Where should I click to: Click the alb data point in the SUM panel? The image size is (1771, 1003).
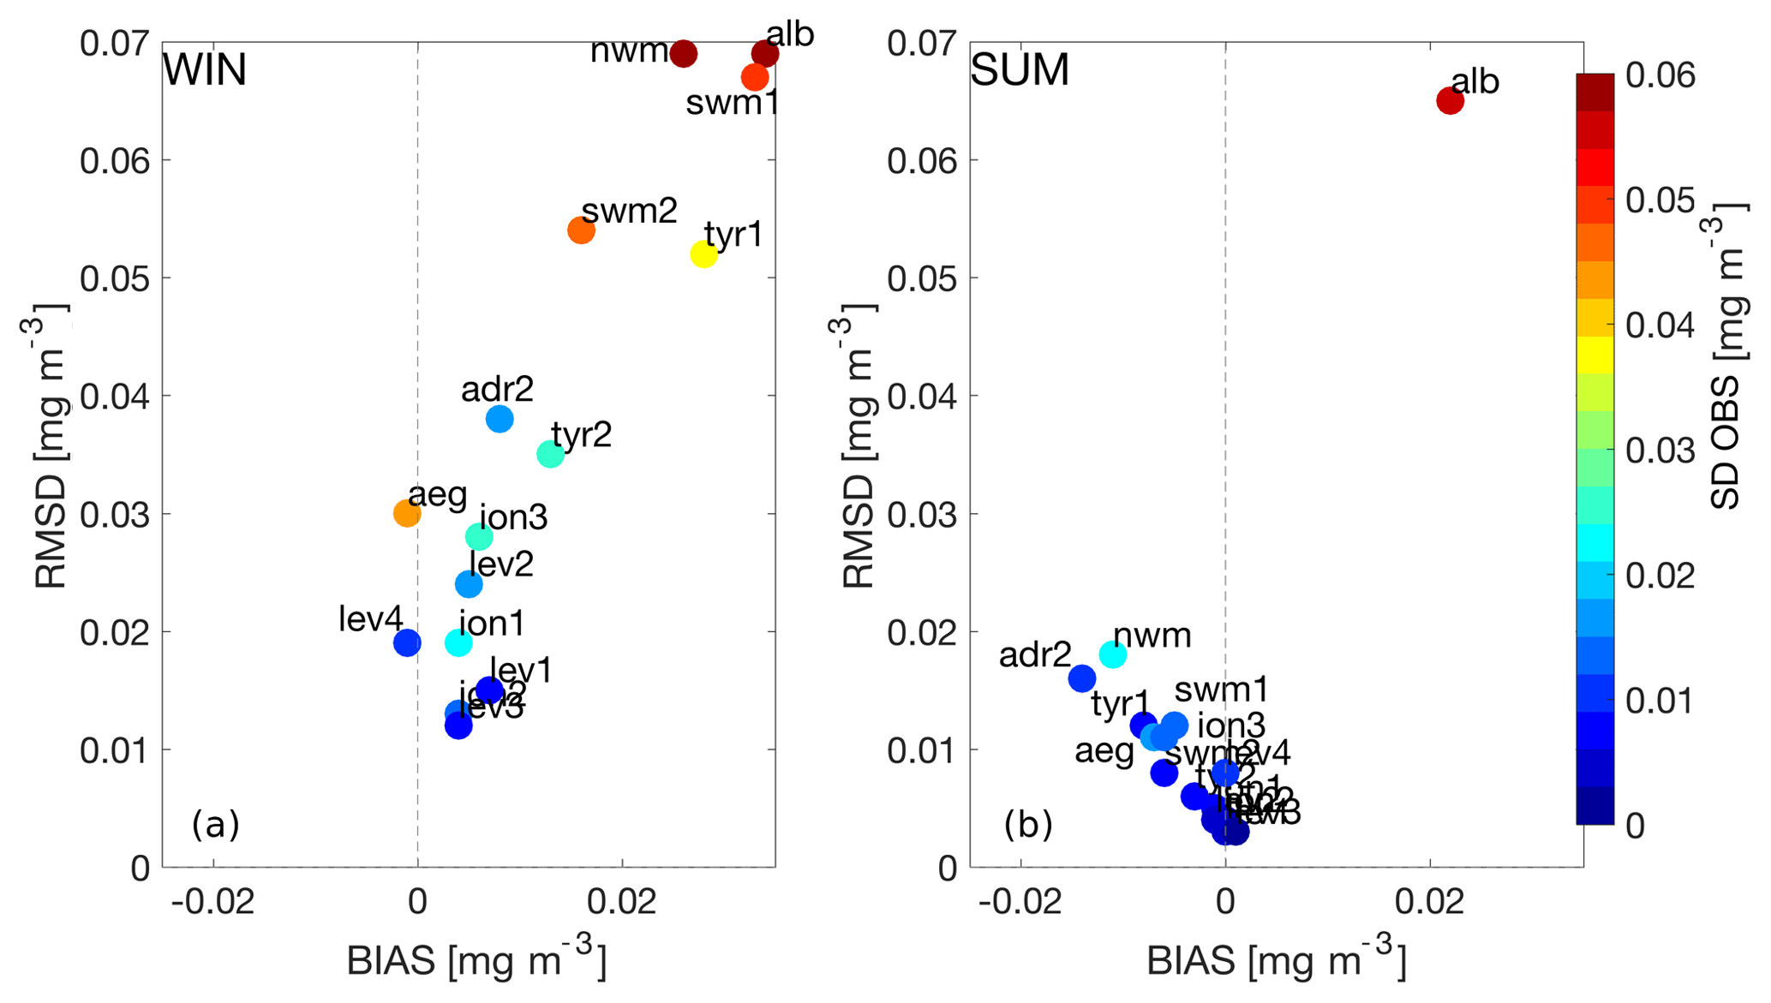pos(1450,101)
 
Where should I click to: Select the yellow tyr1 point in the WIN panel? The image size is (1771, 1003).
pos(703,254)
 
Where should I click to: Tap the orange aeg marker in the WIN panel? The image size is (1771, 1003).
pos(407,514)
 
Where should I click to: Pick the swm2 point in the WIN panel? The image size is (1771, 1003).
pos(581,230)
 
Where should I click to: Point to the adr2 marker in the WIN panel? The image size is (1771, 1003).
pos(500,419)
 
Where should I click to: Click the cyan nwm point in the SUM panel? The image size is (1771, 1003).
pos(1113,654)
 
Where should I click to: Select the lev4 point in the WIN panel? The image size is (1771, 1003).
pos(407,642)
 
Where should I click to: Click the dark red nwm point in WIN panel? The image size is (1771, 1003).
pos(683,54)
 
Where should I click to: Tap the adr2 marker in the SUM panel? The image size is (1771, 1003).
pos(1082,678)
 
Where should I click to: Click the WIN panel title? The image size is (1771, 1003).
pos(205,70)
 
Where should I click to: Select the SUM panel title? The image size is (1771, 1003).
pos(1020,70)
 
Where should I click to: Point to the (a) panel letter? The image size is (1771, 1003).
pos(215,824)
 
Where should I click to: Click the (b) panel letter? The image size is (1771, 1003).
pos(1027,824)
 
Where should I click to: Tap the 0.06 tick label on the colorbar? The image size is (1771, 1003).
pos(1660,75)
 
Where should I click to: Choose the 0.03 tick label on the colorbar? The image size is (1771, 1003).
pos(1660,451)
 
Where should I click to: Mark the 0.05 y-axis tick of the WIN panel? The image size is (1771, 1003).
pos(115,278)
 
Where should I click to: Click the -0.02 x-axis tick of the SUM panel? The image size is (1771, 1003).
pos(1020,902)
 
